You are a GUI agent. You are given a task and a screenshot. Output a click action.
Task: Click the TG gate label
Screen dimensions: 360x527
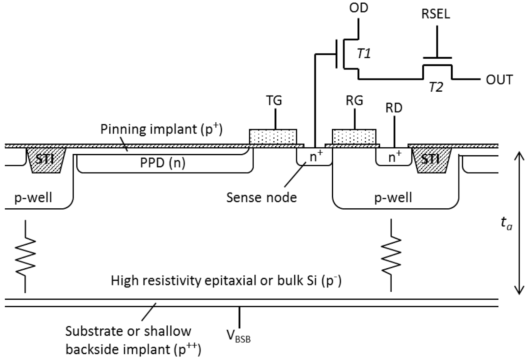coord(274,100)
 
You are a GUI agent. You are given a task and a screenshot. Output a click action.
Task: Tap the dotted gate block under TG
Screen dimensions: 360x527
coord(273,136)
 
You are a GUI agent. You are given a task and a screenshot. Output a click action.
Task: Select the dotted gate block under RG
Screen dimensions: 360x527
coord(354,136)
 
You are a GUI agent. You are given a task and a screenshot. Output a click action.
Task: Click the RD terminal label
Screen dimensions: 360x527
coord(394,108)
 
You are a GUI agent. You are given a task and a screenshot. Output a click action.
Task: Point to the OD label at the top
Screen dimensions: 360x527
coord(359,8)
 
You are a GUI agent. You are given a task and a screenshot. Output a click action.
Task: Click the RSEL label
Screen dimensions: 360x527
coord(435,14)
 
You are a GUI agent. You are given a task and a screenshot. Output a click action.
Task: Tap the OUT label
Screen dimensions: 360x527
coord(499,80)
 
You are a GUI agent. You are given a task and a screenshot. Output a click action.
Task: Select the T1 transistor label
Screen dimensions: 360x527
coord(364,54)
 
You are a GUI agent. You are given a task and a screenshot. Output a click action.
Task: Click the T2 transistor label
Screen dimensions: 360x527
coord(436,87)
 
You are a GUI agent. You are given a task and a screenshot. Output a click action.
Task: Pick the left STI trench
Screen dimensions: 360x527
coord(46,160)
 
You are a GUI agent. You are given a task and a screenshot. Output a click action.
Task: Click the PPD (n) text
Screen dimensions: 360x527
coord(163,163)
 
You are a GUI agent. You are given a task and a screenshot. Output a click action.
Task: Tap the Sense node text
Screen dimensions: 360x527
coord(262,197)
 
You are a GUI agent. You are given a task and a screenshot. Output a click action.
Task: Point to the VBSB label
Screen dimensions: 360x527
coord(238,336)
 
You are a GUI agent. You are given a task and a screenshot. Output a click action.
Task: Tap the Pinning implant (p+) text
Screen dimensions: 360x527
coord(161,129)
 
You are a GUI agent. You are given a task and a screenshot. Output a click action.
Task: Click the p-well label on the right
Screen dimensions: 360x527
coord(393,197)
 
